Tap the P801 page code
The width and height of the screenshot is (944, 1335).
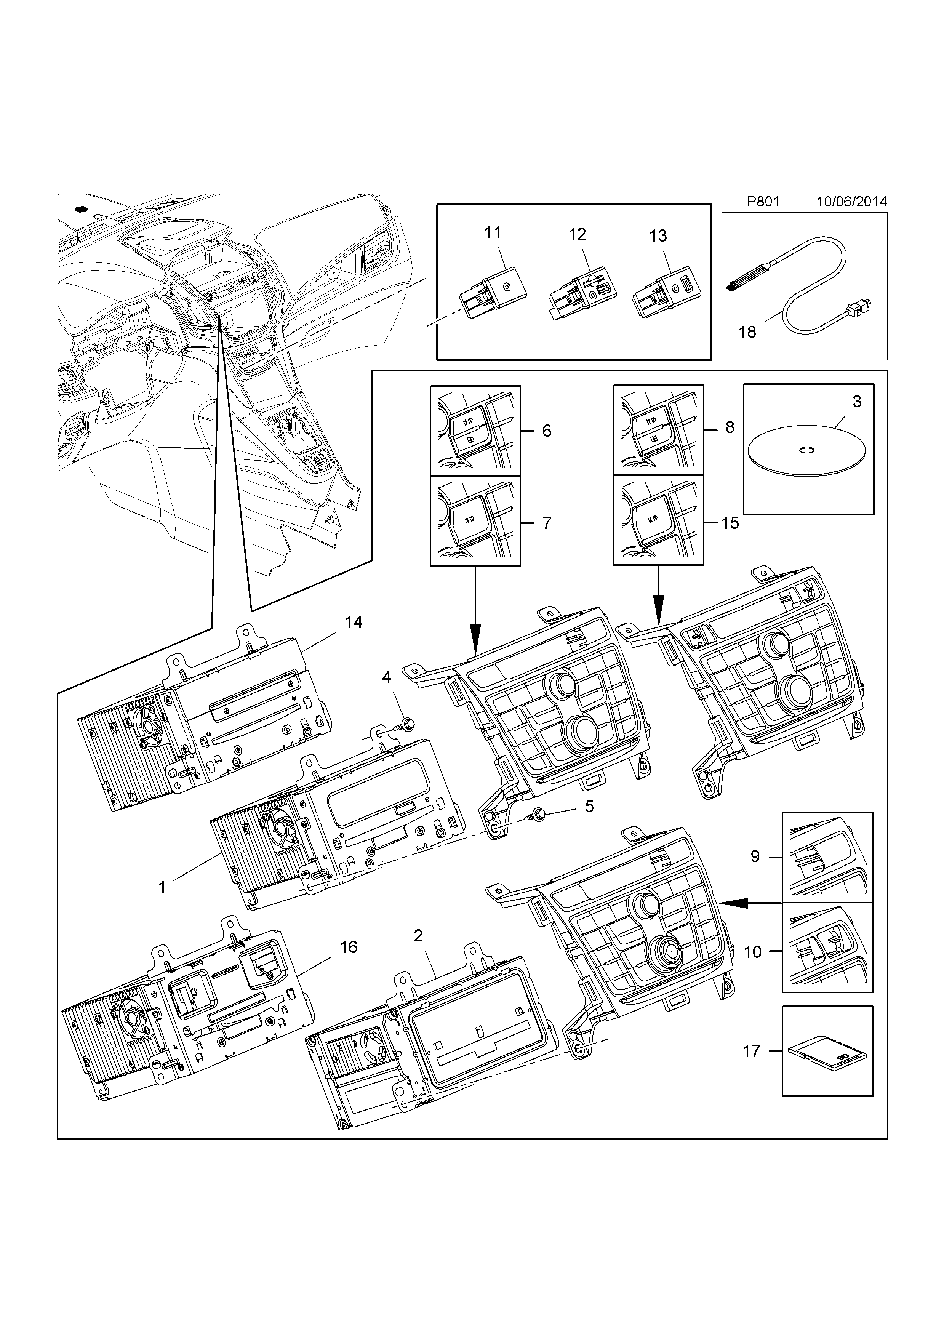[x=763, y=202]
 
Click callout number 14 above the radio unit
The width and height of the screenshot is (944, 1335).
[x=354, y=622]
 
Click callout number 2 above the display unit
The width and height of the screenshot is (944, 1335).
[x=418, y=936]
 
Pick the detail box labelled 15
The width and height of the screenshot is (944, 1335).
[x=659, y=520]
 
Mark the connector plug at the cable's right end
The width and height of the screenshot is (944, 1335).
[x=861, y=308]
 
